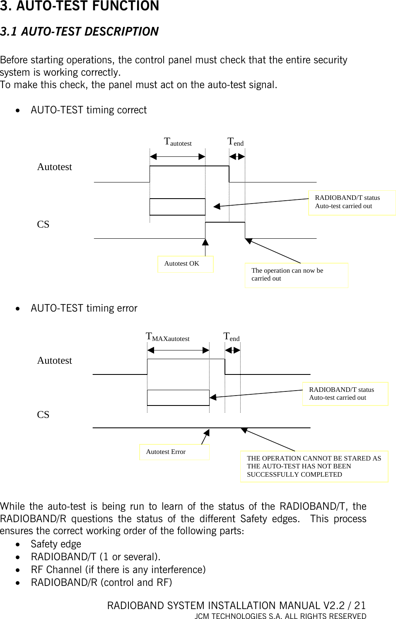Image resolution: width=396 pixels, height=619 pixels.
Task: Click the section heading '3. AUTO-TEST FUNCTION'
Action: click(x=80, y=7)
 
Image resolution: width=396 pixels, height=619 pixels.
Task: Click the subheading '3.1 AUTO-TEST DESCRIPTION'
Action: click(x=80, y=31)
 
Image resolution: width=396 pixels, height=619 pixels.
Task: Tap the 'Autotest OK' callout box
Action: click(x=185, y=264)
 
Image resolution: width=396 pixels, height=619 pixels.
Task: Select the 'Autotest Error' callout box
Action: click(x=174, y=452)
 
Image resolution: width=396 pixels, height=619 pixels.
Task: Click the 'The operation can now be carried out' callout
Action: click(x=296, y=275)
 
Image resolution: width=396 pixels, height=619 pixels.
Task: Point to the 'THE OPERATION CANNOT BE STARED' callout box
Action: click(x=314, y=466)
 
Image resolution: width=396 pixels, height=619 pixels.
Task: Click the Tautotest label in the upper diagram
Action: click(x=178, y=142)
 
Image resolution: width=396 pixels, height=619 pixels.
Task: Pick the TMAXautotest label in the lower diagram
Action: click(x=168, y=337)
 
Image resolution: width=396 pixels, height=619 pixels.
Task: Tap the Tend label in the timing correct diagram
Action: click(x=235, y=142)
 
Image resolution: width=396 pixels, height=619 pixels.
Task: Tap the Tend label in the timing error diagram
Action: click(x=232, y=337)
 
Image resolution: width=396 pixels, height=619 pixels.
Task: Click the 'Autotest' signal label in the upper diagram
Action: click(x=55, y=167)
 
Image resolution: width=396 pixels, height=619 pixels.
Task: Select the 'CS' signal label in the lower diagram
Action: click(x=43, y=415)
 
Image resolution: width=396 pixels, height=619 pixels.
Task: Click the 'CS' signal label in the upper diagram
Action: click(x=43, y=224)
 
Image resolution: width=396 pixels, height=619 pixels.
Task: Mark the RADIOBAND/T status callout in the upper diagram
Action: click(x=352, y=202)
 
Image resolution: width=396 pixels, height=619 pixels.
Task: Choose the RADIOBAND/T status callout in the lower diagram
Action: click(x=345, y=394)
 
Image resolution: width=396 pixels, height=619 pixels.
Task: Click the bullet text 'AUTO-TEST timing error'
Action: click(x=84, y=308)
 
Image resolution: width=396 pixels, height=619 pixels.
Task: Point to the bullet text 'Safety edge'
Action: click(x=56, y=544)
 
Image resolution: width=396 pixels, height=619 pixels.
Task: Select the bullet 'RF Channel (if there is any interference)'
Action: click(x=118, y=570)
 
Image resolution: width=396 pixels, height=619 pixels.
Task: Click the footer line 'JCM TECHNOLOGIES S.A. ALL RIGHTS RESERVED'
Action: click(x=280, y=616)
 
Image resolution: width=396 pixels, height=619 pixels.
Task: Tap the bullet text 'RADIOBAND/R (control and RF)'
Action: click(x=101, y=583)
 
